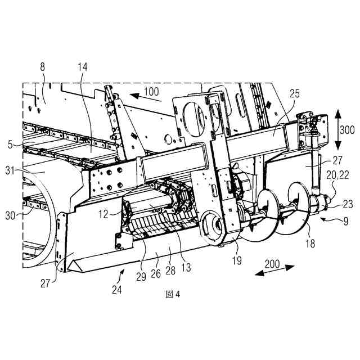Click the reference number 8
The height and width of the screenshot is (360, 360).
pyautogui.click(x=43, y=66)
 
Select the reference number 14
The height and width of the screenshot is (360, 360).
pyautogui.click(x=83, y=66)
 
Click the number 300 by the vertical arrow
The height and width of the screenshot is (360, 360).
pyautogui.click(x=347, y=130)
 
